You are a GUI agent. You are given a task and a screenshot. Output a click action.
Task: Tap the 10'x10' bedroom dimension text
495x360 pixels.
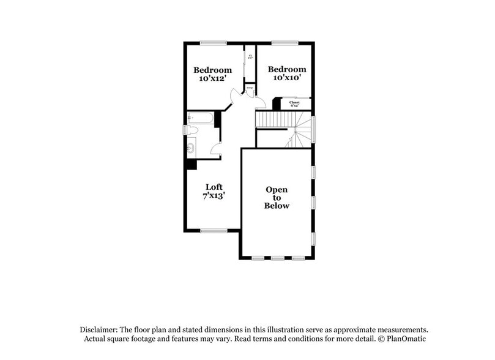coord(286,78)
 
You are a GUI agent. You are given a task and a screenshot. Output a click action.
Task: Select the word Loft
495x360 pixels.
coord(214,187)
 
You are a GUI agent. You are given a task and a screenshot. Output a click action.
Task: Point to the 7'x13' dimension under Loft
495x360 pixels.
coord(214,196)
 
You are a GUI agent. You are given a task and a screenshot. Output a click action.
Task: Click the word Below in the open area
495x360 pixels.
coord(277,206)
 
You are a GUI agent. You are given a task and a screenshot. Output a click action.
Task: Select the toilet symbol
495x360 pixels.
coord(192,130)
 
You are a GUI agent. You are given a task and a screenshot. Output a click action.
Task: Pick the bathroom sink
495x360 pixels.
coord(191,147)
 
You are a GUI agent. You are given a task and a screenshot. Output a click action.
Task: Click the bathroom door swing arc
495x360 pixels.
coord(215,147)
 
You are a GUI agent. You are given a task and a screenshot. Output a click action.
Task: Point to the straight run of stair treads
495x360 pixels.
coord(270,119)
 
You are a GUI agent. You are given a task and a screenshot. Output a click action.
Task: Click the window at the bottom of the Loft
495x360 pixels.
coord(214,231)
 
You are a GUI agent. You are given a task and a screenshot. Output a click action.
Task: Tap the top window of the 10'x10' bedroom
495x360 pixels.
coord(285,42)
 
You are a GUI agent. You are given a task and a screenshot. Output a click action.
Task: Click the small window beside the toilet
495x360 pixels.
coord(185,130)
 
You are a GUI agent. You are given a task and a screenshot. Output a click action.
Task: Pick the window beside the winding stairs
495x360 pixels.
coord(313,129)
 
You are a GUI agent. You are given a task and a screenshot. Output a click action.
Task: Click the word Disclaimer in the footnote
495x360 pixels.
coord(99,329)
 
